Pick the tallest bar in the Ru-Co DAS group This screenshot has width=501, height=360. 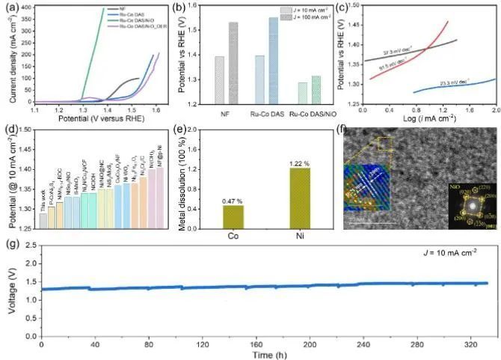(272, 61)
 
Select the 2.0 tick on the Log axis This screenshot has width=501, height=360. (495, 109)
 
